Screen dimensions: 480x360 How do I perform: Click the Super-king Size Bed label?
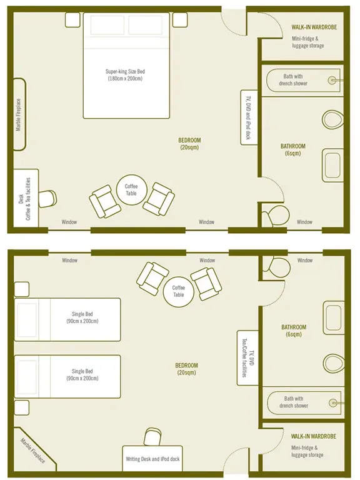pos(126,72)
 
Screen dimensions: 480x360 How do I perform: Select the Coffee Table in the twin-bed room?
pos(178,291)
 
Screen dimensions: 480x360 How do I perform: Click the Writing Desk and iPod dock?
pos(153,459)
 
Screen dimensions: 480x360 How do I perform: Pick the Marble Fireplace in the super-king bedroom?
pos(19,114)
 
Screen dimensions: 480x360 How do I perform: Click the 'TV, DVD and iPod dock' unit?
pos(248,117)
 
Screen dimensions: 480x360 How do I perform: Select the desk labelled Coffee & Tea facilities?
pos(26,198)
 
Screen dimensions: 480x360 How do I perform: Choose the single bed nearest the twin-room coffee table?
pos(67,319)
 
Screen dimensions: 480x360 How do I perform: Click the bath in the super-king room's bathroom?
pos(303,80)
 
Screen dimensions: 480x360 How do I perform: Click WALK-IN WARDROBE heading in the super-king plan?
pos(313,28)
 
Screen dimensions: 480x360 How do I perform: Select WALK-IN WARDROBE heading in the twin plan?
pos(313,436)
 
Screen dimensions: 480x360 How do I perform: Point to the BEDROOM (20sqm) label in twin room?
pos(187,369)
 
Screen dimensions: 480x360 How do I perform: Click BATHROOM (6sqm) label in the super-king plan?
pos(293,150)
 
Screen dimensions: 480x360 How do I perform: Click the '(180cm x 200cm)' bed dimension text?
pos(126,79)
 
